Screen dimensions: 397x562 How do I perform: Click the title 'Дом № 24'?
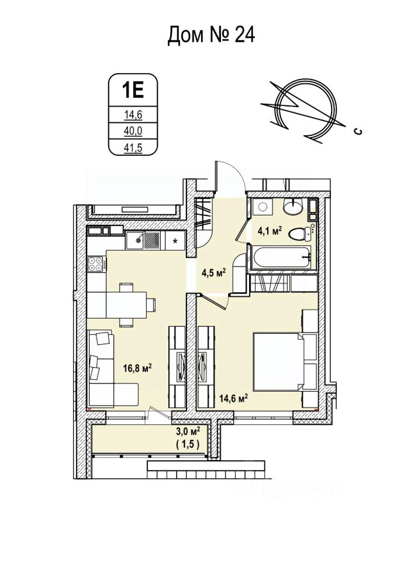pos(211,35)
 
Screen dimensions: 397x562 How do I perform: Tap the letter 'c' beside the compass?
pos(357,132)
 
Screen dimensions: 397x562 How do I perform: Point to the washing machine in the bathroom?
pos(262,207)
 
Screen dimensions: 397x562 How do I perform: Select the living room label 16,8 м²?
pos(137,368)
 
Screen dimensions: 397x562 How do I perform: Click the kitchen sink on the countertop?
pos(137,238)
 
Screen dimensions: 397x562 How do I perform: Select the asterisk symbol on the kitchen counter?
pos(175,239)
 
